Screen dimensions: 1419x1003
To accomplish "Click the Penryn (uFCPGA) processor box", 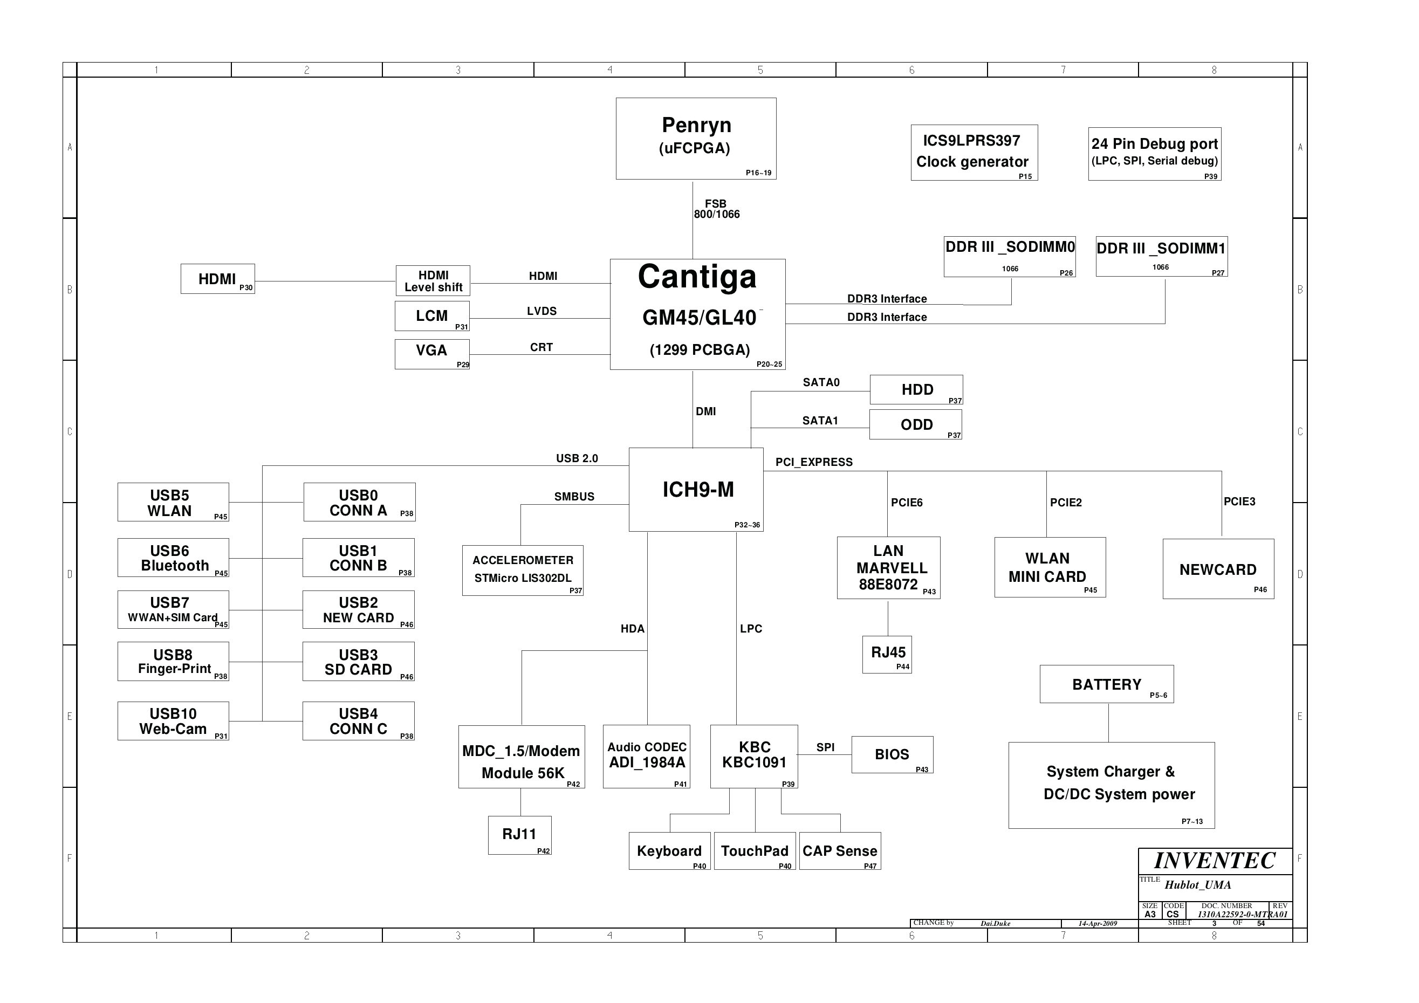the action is tap(696, 139).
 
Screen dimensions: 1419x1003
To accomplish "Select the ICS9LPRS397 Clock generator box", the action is tap(974, 153).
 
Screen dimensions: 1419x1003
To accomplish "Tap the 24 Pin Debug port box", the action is tap(1155, 154).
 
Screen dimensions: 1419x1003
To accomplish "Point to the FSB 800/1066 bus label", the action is tap(716, 209).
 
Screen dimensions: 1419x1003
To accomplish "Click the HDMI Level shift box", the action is tap(433, 281).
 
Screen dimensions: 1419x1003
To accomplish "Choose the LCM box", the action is tap(432, 317).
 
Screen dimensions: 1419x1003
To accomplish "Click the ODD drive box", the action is tap(915, 424).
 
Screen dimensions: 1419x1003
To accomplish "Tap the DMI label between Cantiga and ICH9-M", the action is tap(706, 411).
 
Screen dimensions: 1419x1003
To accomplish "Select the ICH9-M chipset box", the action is tap(696, 490).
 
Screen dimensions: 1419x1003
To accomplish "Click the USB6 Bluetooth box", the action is tap(173, 558).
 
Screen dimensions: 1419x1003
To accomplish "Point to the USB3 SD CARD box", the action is tap(359, 661).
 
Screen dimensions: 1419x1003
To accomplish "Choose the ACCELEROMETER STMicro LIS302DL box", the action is tap(523, 571).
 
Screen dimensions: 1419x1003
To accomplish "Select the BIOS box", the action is tap(893, 754).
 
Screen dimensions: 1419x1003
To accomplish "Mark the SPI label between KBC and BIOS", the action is tap(825, 747).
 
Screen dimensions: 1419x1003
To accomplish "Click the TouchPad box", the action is tap(755, 851).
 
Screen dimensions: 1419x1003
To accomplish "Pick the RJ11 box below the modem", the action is tap(520, 835).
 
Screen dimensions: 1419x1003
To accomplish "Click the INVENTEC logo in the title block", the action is tap(1215, 861).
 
